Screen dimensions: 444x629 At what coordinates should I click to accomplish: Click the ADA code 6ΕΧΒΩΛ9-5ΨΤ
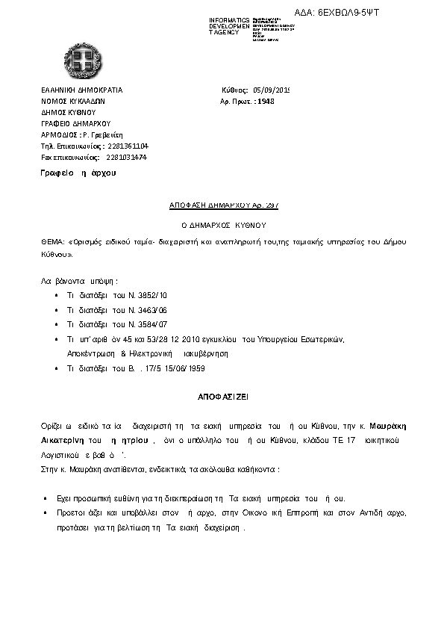pyautogui.click(x=401, y=13)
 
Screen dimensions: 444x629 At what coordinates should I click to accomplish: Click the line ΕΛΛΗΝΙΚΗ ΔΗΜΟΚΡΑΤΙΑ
pyautogui.click(x=81, y=90)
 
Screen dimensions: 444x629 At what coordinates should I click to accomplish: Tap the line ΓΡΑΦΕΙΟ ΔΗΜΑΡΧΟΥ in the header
pyautogui.click(x=75, y=124)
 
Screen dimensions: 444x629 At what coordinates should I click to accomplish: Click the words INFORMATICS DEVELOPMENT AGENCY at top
pyautogui.click(x=230, y=25)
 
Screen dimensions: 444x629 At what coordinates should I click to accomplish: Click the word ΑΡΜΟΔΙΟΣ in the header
pyautogui.click(x=56, y=135)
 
